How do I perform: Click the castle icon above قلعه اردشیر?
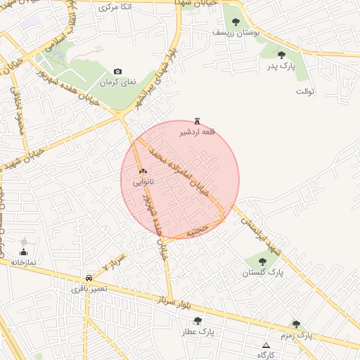[x=196, y=122]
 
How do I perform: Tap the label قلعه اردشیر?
[x=196, y=132]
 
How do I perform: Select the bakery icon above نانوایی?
[x=143, y=172]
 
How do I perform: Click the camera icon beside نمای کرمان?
[x=117, y=72]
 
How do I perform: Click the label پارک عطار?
[x=199, y=331]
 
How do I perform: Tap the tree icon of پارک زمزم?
[x=296, y=325]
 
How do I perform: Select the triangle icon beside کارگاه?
[x=266, y=345]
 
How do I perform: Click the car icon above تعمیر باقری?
[x=89, y=278]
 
